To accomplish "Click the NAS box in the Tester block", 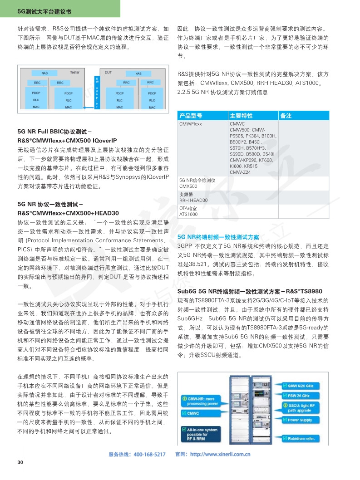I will tap(44, 73).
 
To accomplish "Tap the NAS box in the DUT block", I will tap(138, 73).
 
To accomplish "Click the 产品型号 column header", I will tap(191, 116).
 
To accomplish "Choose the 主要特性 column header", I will tap(241, 116).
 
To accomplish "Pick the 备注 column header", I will tap(286, 116).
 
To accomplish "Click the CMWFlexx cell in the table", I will tap(191, 123).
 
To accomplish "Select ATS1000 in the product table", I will tap(188, 214).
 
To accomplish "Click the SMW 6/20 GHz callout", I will tap(301, 386).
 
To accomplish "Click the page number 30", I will tap(20, 462).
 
